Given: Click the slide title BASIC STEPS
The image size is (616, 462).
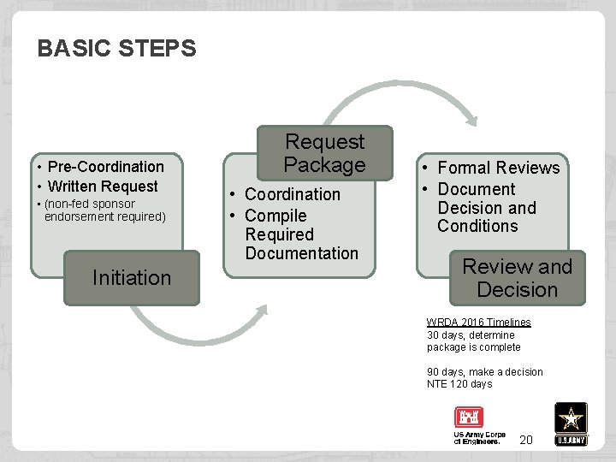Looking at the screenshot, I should pyautogui.click(x=116, y=49).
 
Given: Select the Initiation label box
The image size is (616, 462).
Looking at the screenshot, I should pyautogui.click(x=132, y=278).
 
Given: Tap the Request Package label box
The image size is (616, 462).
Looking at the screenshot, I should pyautogui.click(x=324, y=153).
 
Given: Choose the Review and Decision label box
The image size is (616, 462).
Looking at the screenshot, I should pyautogui.click(x=517, y=278).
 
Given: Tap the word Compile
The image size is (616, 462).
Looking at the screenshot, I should pyautogui.click(x=275, y=216).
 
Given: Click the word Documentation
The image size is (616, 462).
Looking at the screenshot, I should pyautogui.click(x=301, y=253).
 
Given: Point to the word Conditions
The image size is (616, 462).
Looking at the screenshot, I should pyautogui.click(x=477, y=227).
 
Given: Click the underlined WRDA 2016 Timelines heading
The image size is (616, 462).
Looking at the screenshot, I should pyautogui.click(x=478, y=323).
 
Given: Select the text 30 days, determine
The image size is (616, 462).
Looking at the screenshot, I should pyautogui.click(x=471, y=335).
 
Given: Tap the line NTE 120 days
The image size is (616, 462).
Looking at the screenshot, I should pyautogui.click(x=459, y=384).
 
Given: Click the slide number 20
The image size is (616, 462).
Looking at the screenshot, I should pyautogui.click(x=526, y=440).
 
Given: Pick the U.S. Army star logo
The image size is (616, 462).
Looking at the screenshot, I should pyautogui.click(x=571, y=423).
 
